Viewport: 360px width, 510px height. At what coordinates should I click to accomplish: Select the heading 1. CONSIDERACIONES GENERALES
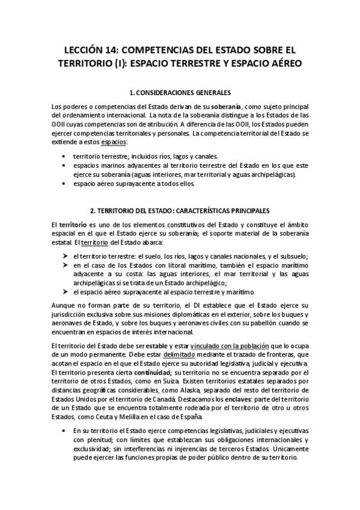point(180,93)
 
